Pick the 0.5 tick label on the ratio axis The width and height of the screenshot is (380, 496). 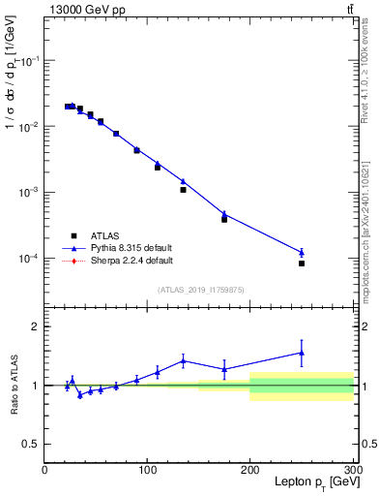31,444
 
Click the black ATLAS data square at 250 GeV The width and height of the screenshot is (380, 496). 302,263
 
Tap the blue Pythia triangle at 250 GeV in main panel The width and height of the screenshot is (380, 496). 302,252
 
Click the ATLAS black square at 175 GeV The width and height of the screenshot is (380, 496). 224,219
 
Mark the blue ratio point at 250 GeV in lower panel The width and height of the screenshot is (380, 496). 302,353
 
